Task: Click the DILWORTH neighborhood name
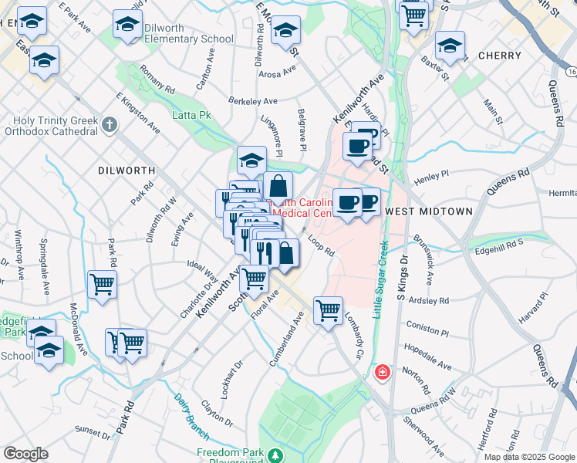pos(127,169)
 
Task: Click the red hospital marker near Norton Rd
pos(382,373)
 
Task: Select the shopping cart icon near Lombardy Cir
pos(329,311)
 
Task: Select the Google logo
pos(25,454)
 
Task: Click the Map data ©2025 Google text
pos(528,457)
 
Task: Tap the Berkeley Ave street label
pos(253,101)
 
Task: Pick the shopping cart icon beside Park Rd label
pos(102,285)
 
